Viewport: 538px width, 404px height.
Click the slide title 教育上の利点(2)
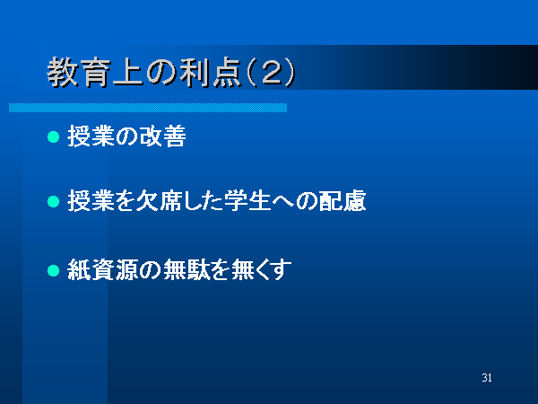point(171,73)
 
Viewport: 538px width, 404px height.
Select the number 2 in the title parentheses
point(272,73)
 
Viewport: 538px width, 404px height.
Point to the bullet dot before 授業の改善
point(53,136)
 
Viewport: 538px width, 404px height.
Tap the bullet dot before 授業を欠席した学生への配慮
point(53,201)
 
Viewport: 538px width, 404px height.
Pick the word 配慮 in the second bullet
point(343,200)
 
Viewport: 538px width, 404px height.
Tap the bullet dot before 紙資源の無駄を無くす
point(53,270)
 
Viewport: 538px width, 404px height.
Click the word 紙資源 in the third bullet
point(102,269)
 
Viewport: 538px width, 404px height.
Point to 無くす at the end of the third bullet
point(262,269)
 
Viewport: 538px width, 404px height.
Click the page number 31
point(487,378)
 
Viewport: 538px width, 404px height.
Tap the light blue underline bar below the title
point(148,108)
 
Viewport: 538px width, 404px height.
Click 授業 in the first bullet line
point(91,136)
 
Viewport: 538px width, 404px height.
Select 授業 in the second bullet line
point(91,200)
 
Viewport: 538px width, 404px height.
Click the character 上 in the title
point(127,73)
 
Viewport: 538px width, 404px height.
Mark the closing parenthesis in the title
point(291,73)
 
